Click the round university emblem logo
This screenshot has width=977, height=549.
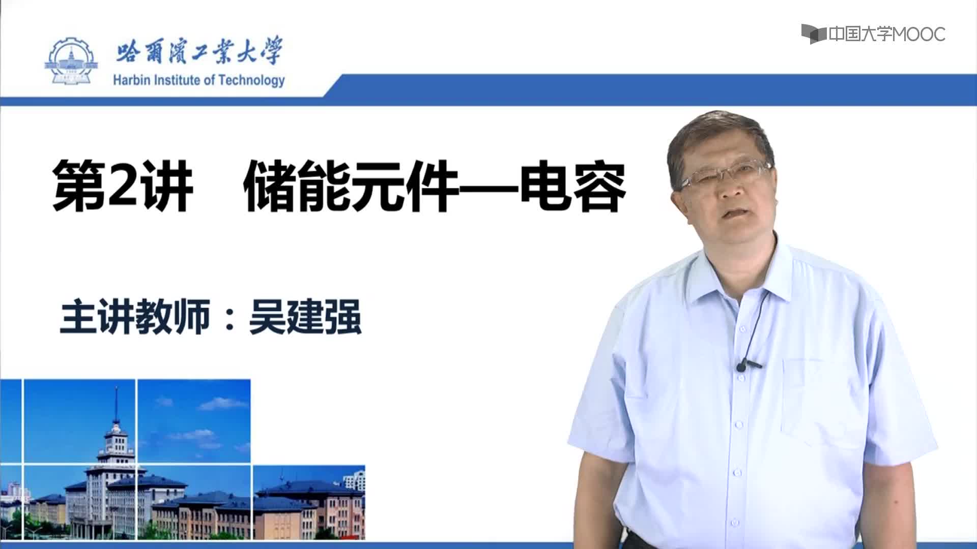(72, 62)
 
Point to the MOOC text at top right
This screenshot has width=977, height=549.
(919, 34)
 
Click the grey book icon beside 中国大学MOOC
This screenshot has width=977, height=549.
(813, 34)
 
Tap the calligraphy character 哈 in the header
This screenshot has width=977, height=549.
(127, 52)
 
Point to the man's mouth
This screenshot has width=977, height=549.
(731, 214)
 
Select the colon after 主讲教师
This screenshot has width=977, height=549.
(230, 318)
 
